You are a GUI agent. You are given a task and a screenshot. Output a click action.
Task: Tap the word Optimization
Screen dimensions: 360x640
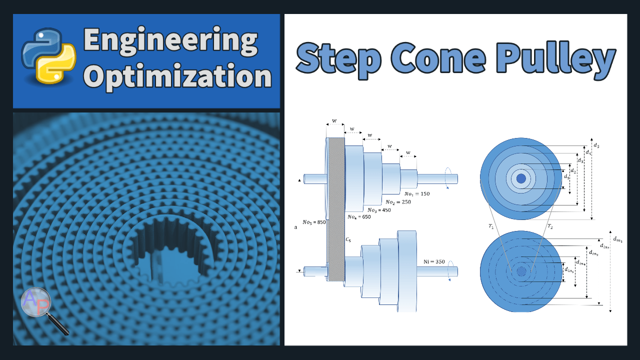pyautogui.click(x=177, y=77)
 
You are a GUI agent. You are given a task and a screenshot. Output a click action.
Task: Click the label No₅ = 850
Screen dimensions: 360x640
pyautogui.click(x=314, y=222)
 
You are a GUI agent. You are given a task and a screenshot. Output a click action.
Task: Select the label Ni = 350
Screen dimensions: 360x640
pyautogui.click(x=433, y=261)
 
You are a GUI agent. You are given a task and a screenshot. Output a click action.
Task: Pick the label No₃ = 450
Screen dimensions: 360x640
pyautogui.click(x=379, y=210)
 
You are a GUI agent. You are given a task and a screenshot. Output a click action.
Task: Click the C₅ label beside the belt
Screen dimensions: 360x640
pyautogui.click(x=348, y=240)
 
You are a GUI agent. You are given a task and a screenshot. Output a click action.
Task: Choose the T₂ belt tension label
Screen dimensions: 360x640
pyautogui.click(x=549, y=226)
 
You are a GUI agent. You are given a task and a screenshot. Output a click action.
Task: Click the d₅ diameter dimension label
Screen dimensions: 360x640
pyautogui.click(x=596, y=145)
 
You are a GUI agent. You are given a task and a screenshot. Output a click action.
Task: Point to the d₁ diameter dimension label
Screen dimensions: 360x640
pyautogui.click(x=566, y=176)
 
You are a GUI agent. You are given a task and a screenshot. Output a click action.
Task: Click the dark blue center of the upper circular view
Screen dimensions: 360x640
pyautogui.click(x=521, y=178)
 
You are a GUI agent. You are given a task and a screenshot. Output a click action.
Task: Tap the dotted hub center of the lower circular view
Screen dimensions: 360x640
pyautogui.click(x=521, y=271)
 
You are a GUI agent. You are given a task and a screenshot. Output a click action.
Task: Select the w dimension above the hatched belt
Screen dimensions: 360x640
pyautogui.click(x=334, y=121)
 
